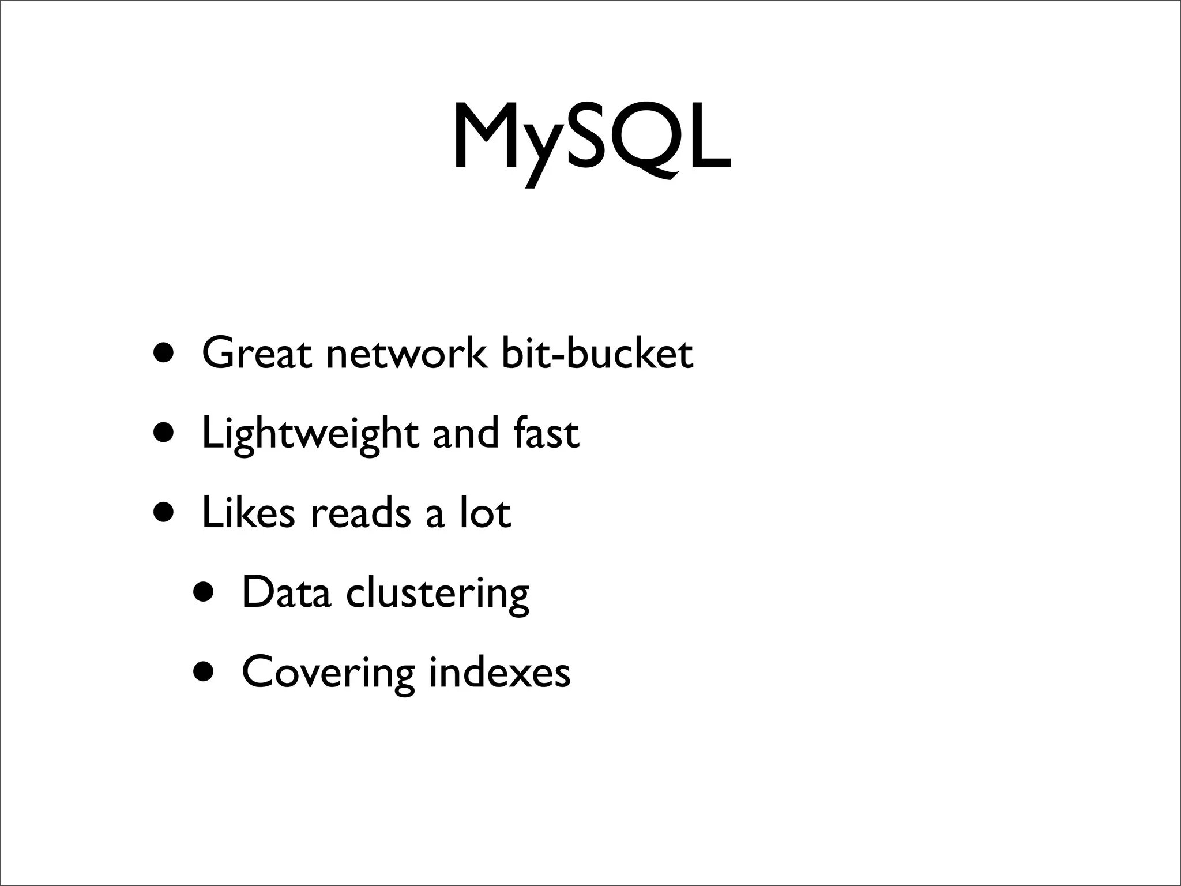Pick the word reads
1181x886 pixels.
click(360, 512)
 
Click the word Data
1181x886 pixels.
click(286, 592)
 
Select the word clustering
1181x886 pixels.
click(437, 594)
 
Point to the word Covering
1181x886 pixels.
click(328, 673)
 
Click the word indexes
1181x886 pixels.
click(499, 671)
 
